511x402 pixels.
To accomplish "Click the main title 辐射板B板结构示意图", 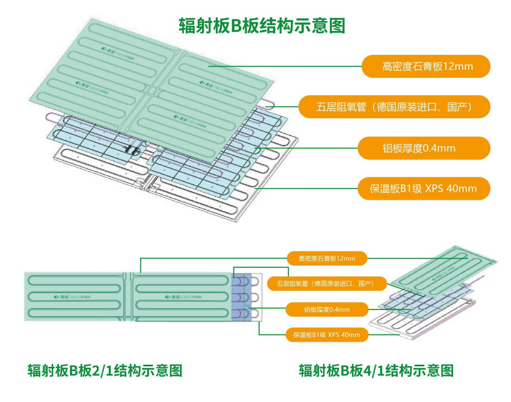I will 262,25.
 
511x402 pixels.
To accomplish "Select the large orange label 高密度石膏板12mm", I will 426,66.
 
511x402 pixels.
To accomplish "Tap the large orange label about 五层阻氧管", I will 394,107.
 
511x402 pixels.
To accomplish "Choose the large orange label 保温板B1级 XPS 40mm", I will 424,189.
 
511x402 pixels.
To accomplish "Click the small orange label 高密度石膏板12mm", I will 326,258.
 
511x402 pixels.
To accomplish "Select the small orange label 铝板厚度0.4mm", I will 326,309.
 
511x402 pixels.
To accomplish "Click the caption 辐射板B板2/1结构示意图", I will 105,371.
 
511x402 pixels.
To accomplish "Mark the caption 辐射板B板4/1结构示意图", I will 376,371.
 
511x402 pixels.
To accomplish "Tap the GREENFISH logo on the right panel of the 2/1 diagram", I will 180,297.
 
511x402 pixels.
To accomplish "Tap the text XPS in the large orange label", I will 434,189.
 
